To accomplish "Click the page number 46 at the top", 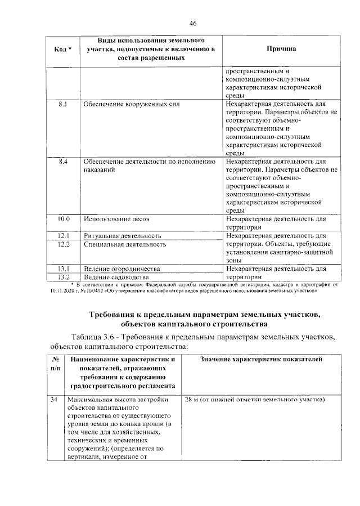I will point(192,23).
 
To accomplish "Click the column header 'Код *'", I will point(63,50).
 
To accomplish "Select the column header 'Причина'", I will point(281,50).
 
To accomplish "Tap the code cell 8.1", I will point(63,104).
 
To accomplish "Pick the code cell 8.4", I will point(63,162).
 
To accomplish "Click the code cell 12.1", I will point(63,235).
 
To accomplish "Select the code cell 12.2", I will point(63,244).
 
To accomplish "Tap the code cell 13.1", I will point(63,269).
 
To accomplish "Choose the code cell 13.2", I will point(63,277).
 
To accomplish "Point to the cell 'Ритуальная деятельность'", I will point(122,235).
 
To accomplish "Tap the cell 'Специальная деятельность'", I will point(124,244).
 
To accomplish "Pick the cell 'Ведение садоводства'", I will point(116,277).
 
